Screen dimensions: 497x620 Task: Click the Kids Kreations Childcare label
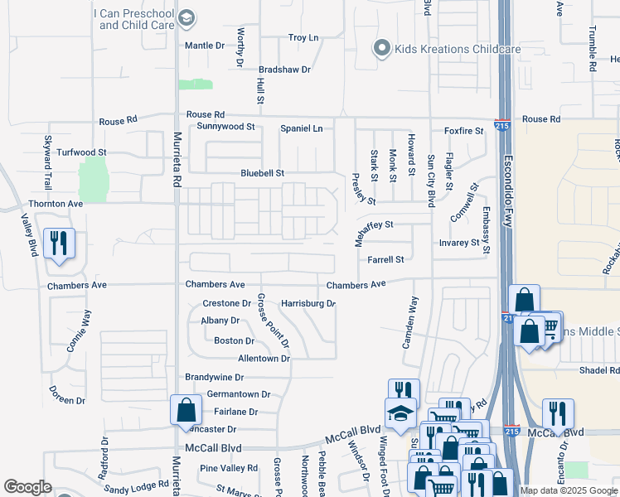click(457, 50)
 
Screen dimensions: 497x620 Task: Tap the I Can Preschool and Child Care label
click(137, 19)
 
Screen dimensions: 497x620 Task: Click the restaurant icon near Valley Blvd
click(58, 243)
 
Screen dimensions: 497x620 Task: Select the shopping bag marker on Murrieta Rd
click(186, 409)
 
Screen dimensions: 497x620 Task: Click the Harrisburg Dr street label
click(308, 304)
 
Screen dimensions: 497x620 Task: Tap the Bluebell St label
click(262, 174)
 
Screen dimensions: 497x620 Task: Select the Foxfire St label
click(463, 131)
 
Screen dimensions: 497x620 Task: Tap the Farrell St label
click(386, 259)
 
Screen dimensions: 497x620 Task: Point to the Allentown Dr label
click(264, 359)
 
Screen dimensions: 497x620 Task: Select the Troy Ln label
click(303, 38)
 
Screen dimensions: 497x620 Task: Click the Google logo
click(27, 487)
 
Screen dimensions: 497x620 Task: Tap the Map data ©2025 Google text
click(569, 490)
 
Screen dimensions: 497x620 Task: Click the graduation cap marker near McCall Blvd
click(401, 412)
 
